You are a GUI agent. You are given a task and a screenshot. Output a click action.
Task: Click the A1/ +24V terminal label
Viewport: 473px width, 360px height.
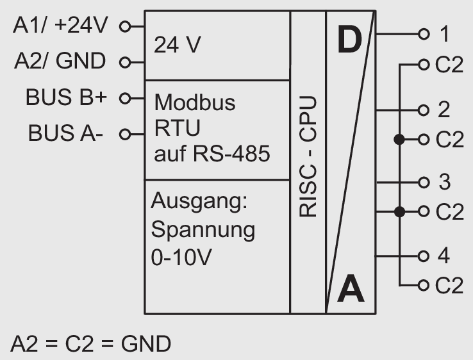click(x=62, y=26)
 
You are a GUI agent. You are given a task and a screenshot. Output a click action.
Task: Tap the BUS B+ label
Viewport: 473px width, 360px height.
click(x=67, y=98)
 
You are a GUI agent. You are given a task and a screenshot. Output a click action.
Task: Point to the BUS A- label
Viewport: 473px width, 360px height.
click(x=65, y=134)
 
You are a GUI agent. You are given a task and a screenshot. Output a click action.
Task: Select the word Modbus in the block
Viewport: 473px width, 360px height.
click(x=195, y=102)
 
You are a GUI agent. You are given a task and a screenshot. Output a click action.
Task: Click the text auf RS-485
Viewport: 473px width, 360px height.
click(x=212, y=154)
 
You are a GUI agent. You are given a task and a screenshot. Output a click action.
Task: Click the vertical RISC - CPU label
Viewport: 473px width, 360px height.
click(x=308, y=157)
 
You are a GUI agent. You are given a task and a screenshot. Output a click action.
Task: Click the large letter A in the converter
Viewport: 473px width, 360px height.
click(x=351, y=289)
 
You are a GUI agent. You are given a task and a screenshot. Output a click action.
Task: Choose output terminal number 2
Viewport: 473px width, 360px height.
click(x=444, y=110)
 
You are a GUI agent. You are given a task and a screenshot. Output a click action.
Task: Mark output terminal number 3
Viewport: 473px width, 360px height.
click(x=444, y=183)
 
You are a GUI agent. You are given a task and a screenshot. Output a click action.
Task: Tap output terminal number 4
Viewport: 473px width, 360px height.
click(x=444, y=256)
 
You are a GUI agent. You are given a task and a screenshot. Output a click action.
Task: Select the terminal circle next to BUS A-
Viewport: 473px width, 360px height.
click(x=124, y=135)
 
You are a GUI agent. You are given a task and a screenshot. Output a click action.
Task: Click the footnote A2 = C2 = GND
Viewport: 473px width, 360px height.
click(x=90, y=344)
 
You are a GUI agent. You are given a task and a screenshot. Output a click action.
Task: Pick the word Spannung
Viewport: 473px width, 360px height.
click(x=203, y=229)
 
